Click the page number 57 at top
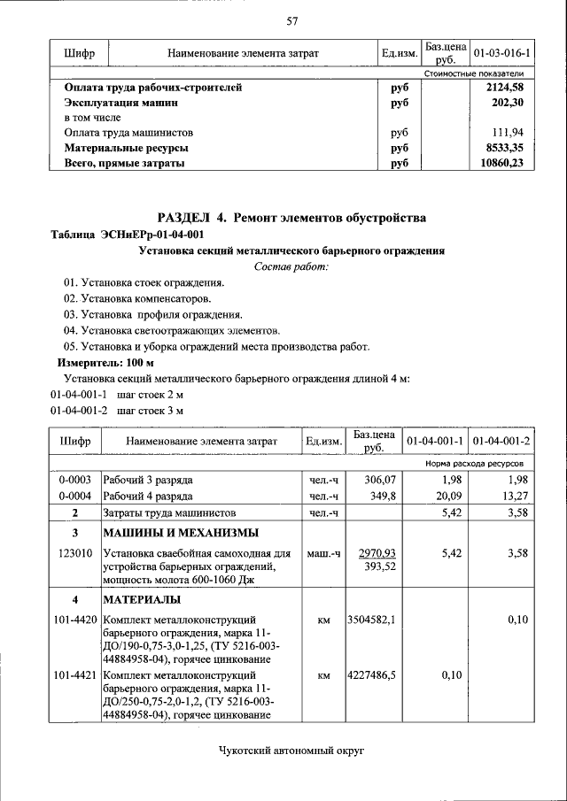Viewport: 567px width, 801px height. (x=291, y=21)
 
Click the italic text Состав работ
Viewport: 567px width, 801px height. (x=291, y=266)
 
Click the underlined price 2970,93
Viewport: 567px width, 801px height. (x=377, y=553)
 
